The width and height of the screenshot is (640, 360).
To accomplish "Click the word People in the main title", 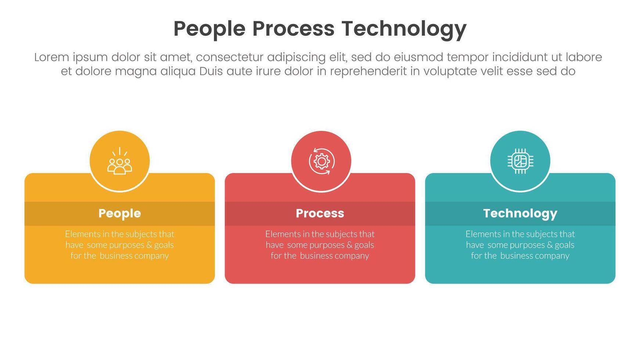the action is click(x=209, y=29).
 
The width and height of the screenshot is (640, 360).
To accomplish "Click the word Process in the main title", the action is click(x=293, y=29).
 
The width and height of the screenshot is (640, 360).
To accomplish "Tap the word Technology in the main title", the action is click(x=403, y=29).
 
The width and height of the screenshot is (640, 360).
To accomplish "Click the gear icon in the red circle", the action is click(x=321, y=161).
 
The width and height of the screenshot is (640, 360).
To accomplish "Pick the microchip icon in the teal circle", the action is click(x=520, y=161).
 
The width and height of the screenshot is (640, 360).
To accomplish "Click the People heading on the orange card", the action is click(x=119, y=213).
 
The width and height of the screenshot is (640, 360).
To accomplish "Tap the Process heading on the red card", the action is click(x=320, y=213).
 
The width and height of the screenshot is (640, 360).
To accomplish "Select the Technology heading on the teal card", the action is click(x=520, y=213).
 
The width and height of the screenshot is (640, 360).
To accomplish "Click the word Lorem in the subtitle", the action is click(x=51, y=57).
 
